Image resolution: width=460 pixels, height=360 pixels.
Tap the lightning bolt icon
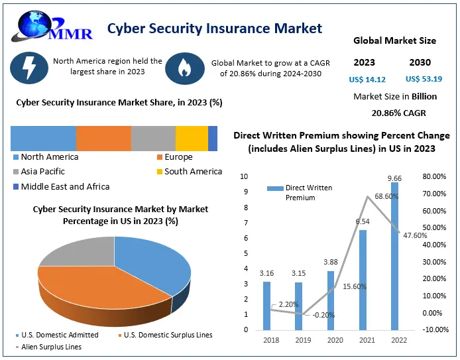pos(29,67)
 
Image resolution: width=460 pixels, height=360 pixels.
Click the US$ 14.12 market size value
pos(367,80)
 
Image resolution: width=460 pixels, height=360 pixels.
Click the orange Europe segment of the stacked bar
pos(103,138)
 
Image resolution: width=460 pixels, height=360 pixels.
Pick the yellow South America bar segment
pos(192,138)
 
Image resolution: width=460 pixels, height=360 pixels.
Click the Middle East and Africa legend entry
pos(65,186)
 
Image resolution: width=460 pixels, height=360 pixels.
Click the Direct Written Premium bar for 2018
pos(266,305)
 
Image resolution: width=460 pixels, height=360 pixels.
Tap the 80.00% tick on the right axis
pos(433,176)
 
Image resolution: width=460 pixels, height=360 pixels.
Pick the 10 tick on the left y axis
pos(245,176)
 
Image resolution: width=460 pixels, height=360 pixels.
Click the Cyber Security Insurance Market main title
pos(215,28)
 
